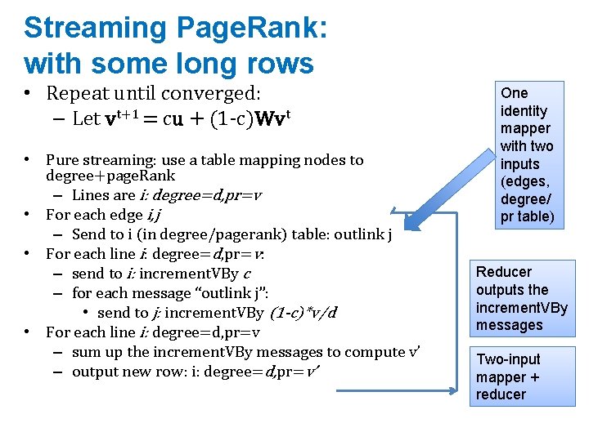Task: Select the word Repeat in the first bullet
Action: pyautogui.click(x=77, y=94)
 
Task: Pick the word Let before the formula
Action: pyautogui.click(x=86, y=118)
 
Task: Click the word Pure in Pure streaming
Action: pyautogui.click(x=62, y=160)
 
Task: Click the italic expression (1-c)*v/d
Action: pyautogui.click(x=303, y=313)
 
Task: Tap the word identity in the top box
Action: pyautogui.click(x=524, y=111)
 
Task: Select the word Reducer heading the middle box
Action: pyautogui.click(x=504, y=272)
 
